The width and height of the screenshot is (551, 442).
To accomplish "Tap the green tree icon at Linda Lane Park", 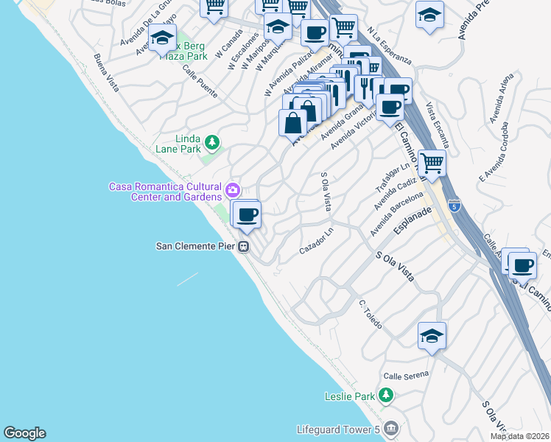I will click(x=211, y=141).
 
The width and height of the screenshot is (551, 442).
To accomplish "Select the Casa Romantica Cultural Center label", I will click(x=165, y=192).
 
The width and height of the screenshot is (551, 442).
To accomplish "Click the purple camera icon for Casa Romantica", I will click(x=233, y=191).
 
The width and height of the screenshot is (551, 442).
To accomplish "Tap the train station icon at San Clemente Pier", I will click(x=243, y=248).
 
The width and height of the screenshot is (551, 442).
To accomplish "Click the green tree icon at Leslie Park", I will click(x=385, y=396).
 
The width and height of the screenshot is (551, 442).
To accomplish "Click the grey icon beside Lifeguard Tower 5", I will click(x=390, y=427).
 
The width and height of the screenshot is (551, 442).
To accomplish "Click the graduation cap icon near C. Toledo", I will click(x=431, y=336).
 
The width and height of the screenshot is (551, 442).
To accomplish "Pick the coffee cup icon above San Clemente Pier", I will click(x=248, y=214).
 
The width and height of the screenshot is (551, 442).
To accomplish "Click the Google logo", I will click(x=24, y=433).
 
